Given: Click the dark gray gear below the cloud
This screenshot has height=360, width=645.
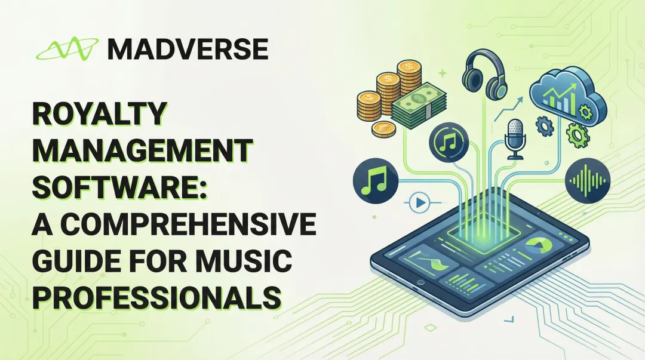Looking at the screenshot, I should [544, 127].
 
